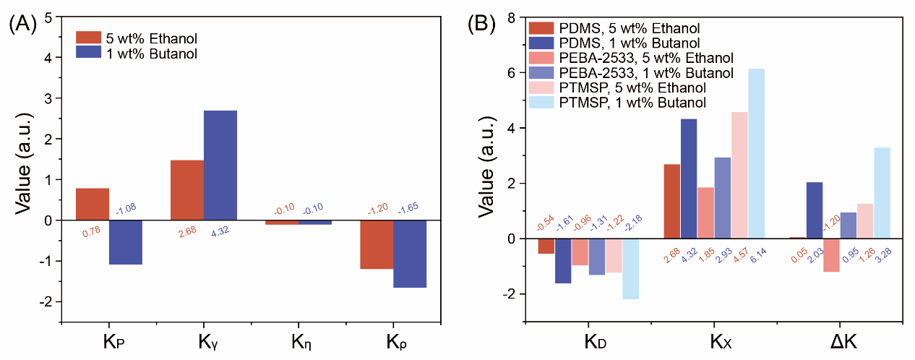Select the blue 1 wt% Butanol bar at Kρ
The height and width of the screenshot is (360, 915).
(x=410, y=254)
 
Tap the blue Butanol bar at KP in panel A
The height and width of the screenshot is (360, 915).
(x=126, y=242)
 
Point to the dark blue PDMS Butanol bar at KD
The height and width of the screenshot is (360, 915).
(x=563, y=261)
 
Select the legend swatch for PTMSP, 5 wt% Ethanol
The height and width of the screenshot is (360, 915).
(x=541, y=87)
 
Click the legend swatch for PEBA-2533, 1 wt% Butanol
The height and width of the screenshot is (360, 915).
(x=541, y=72)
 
